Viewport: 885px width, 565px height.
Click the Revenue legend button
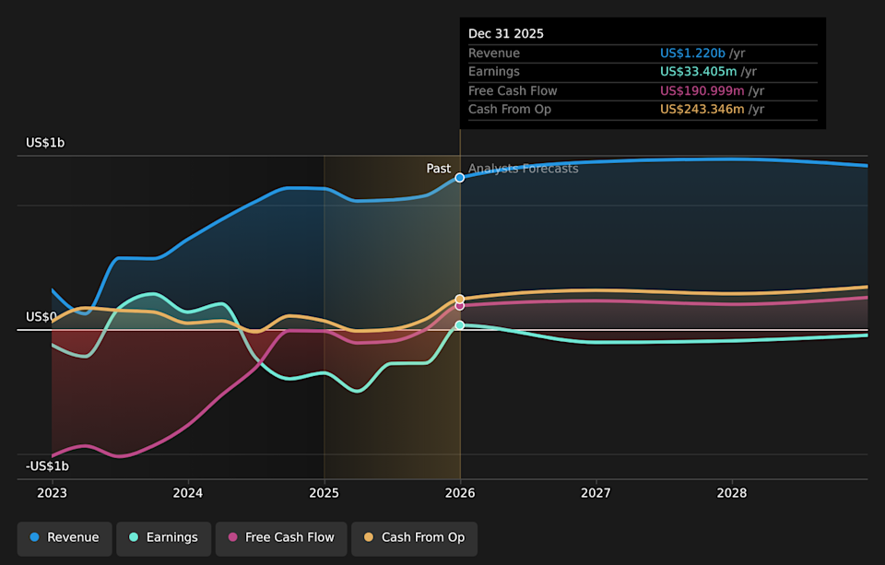65,537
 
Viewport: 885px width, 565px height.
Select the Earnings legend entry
163,537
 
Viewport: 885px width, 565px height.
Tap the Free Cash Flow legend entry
281,537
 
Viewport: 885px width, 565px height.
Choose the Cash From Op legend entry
414,537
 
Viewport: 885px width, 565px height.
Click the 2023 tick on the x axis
52,493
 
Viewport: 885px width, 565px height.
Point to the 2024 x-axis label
188,493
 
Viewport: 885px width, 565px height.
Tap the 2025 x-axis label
324,493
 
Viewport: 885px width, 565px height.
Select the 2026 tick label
460,493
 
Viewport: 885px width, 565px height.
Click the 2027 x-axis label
596,493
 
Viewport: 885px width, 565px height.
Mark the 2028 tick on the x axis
732,493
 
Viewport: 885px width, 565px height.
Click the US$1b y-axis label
45,143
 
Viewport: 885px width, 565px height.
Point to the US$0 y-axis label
41,317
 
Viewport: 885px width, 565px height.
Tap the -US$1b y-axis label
47,466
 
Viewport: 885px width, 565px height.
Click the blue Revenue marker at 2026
459,178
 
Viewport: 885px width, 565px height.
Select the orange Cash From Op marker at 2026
459,300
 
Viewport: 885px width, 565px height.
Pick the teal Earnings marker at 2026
459,325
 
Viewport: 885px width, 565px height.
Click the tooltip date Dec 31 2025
506,34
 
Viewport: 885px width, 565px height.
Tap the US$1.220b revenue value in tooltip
692,53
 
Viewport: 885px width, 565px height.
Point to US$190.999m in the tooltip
702,91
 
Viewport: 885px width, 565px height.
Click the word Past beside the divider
439,169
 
